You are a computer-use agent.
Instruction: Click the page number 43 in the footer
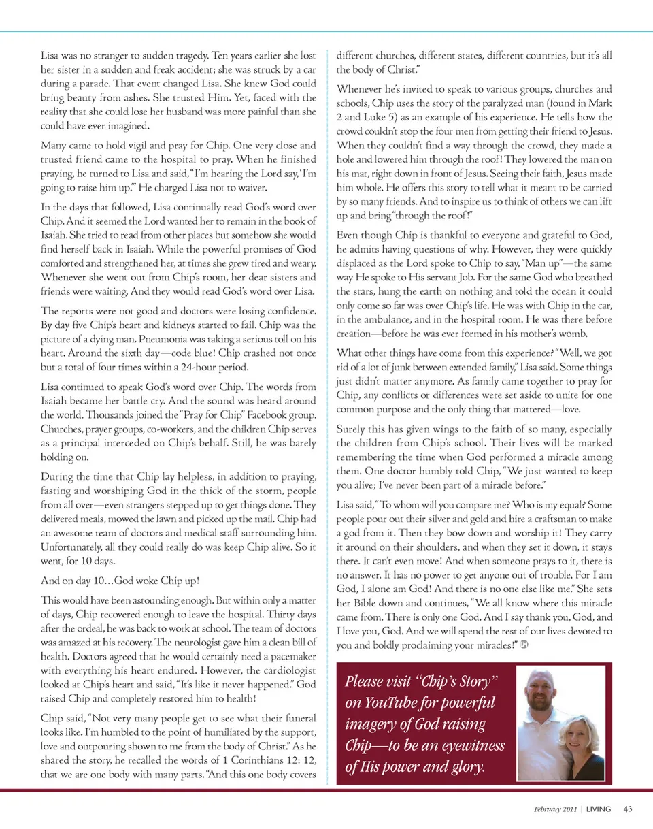click(627, 809)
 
